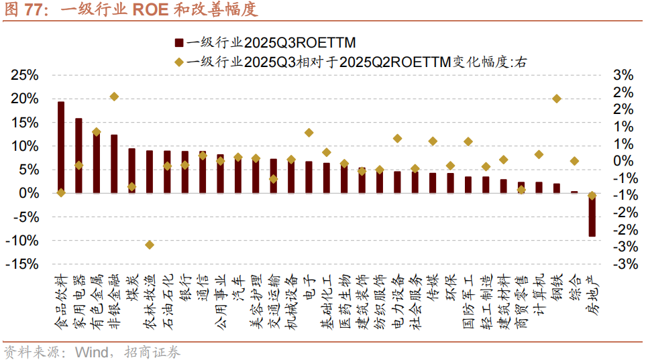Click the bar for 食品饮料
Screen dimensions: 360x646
(61, 147)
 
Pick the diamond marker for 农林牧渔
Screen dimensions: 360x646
(150, 245)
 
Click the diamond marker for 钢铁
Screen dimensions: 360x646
(556, 99)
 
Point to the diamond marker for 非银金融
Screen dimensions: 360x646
(114, 97)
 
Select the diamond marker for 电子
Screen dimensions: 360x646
(309, 133)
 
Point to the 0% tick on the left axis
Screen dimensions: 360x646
(28, 193)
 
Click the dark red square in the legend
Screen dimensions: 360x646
(178, 44)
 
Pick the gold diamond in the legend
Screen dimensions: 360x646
(178, 62)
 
